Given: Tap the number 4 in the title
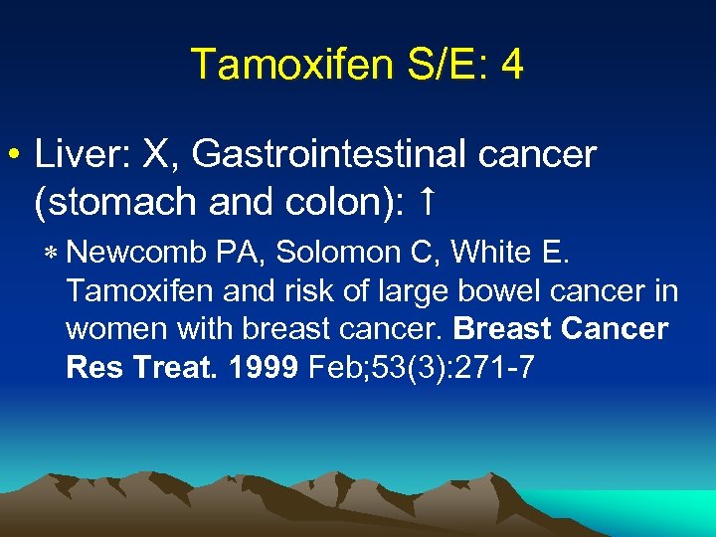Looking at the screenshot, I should [512, 65].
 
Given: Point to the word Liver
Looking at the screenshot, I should [74, 154].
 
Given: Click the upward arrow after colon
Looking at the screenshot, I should [425, 202].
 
